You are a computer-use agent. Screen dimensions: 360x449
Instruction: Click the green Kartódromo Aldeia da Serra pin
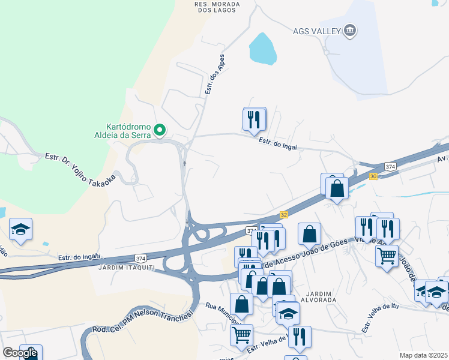coord(160,129)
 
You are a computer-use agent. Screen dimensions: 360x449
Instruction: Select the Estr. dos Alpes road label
coord(215,74)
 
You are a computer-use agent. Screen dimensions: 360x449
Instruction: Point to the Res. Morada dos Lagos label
coord(217,7)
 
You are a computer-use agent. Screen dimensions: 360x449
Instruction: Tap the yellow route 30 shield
coord(373,176)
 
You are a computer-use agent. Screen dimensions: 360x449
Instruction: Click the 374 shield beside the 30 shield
coord(391,166)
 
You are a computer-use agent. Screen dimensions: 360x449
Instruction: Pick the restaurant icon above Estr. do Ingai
coord(254,119)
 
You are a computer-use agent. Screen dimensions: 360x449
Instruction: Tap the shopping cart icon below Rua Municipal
coord(241,334)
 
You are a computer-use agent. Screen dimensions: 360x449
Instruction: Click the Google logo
coord(20,353)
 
